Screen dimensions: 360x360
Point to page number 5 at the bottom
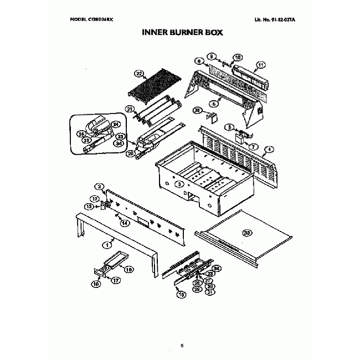click(181, 346)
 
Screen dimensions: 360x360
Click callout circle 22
click(139, 73)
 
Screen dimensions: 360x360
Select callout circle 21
click(129, 109)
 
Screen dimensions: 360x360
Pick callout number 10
click(237, 57)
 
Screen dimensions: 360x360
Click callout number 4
click(269, 149)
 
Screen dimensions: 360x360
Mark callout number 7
click(254, 146)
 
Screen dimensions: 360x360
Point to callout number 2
click(100, 187)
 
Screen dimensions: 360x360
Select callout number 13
click(88, 207)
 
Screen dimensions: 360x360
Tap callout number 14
click(125, 223)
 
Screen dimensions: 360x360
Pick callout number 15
click(180, 295)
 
